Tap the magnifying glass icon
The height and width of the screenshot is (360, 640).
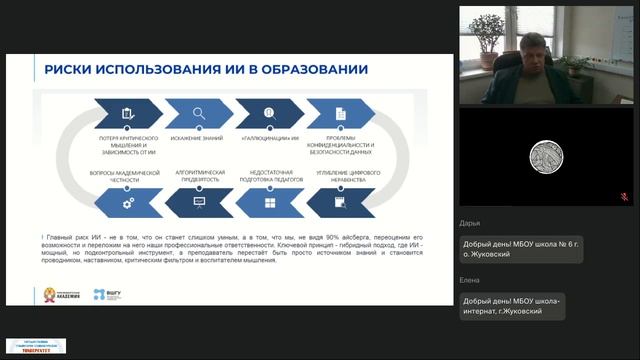point(199,113)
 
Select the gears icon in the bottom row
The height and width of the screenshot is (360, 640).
point(127,203)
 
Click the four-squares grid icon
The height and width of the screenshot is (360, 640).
point(269,203)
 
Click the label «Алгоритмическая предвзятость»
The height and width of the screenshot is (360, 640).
point(198,175)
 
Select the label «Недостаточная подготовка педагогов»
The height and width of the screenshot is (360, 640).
point(269,175)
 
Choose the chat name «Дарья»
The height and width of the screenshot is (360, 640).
point(470,225)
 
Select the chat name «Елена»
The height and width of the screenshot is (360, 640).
point(470,281)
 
